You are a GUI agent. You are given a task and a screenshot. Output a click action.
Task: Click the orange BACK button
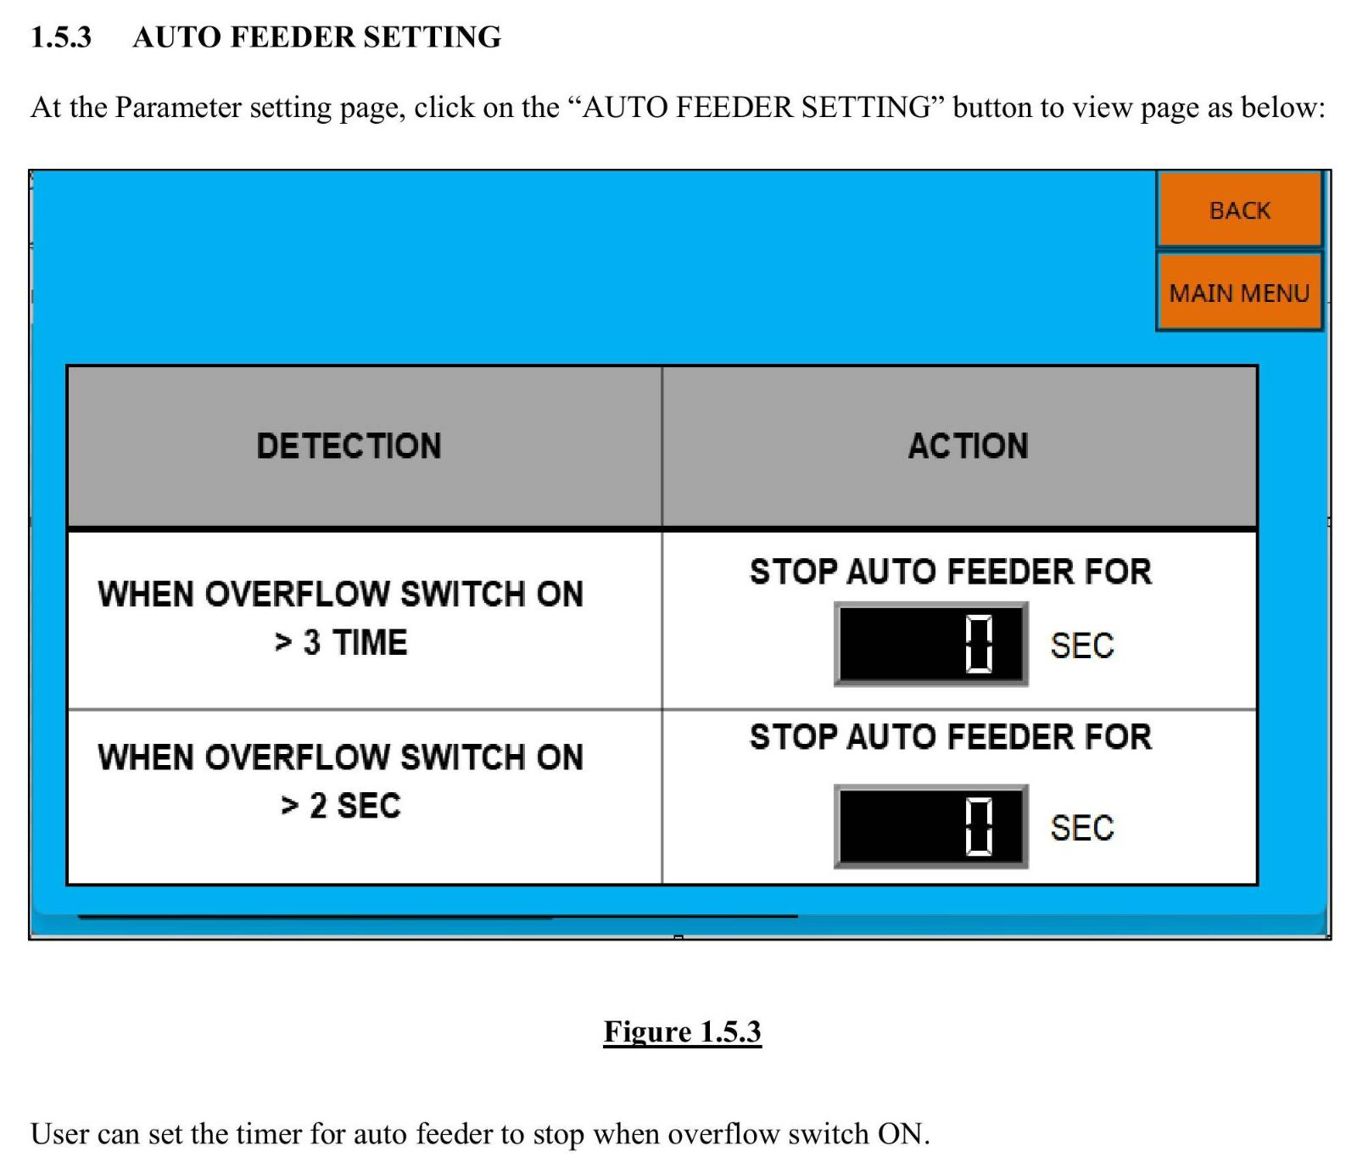(1239, 209)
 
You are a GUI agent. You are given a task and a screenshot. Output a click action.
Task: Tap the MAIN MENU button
(1239, 292)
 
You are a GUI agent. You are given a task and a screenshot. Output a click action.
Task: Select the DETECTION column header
(349, 446)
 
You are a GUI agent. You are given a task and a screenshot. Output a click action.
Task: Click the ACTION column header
(968, 446)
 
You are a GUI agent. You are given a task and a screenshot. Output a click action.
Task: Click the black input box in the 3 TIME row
(931, 644)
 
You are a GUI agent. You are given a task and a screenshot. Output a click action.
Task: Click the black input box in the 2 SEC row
(931, 826)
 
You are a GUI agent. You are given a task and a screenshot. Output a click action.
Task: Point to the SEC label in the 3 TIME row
(1081, 645)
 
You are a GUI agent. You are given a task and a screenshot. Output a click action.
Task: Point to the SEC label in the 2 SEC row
(1081, 828)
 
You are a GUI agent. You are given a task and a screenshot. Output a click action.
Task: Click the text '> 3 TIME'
(341, 642)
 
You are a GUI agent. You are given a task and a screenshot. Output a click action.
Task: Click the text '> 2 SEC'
(341, 806)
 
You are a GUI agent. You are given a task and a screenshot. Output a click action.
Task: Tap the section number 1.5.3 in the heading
(61, 37)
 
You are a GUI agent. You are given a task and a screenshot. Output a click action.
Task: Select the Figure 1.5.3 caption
(683, 1031)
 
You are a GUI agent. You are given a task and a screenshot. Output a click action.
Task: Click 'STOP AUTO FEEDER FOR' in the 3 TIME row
(951, 572)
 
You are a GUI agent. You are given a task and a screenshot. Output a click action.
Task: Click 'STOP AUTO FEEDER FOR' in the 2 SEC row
(951, 737)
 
